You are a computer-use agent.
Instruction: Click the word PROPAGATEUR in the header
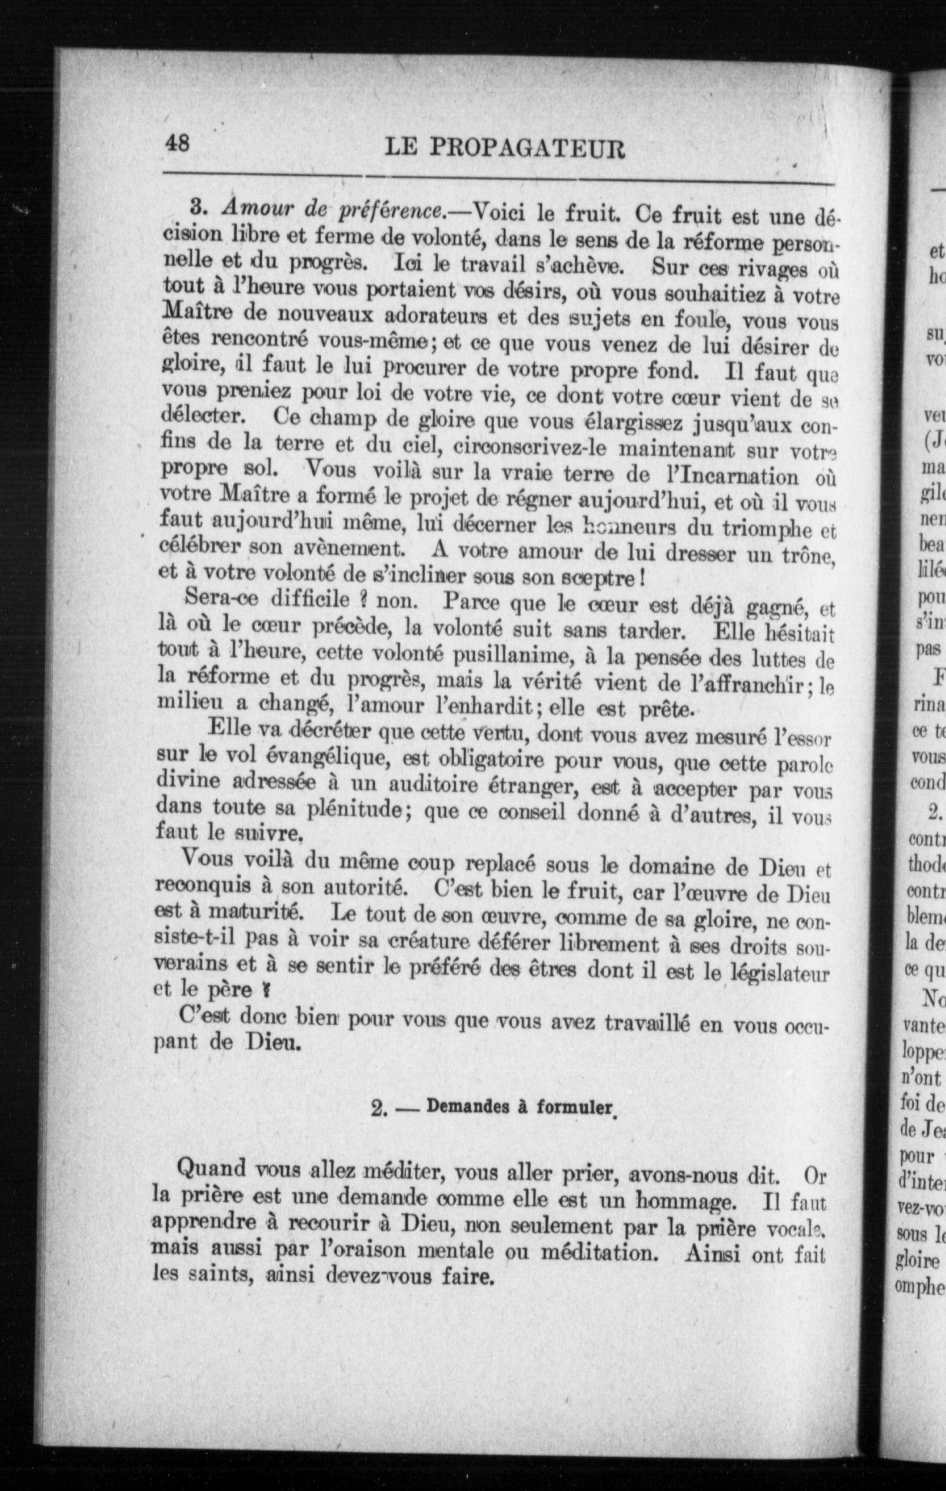[526, 149]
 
